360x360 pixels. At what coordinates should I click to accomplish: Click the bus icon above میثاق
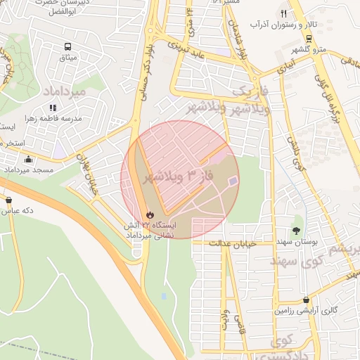point(67,47)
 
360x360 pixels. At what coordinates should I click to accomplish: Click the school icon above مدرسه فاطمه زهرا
point(52,108)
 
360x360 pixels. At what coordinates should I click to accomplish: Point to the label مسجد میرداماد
point(29,170)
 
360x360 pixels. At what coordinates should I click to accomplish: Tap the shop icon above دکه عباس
point(9,199)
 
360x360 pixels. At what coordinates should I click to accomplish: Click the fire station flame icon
point(148,214)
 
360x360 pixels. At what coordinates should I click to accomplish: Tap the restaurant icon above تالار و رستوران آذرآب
point(284,13)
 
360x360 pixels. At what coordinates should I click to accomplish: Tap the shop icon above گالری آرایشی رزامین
point(305,300)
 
